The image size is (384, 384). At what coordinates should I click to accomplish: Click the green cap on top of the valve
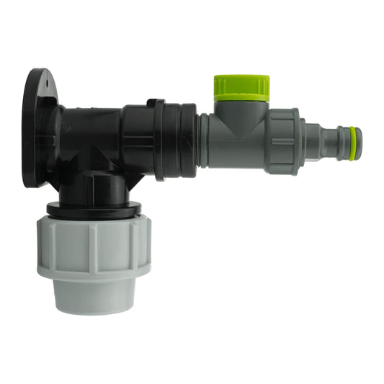tap(241, 87)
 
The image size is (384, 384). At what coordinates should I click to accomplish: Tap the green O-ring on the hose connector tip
tap(352, 143)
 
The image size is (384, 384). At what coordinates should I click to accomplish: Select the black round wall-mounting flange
tap(34, 130)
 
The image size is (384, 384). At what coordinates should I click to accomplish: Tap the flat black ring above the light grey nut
tap(94, 209)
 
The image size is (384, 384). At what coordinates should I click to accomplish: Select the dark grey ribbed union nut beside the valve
tap(282, 141)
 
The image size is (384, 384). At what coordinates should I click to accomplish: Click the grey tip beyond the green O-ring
tap(359, 143)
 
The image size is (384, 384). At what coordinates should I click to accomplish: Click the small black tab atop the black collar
tap(153, 103)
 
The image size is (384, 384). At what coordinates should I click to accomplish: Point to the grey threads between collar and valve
tap(203, 140)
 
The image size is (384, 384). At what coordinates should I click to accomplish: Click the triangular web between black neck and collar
tap(133, 173)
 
